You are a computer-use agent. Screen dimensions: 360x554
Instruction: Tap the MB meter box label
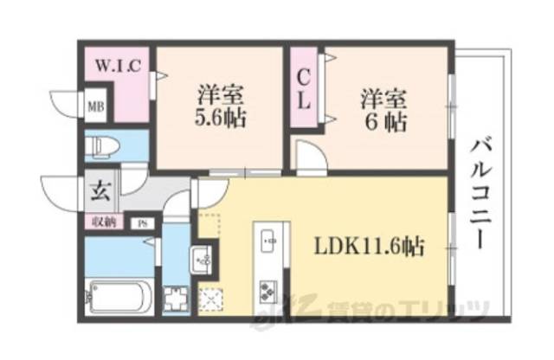click(x=93, y=108)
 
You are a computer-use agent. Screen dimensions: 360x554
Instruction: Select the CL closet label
click(x=304, y=89)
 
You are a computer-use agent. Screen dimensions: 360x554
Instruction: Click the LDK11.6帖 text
click(x=369, y=247)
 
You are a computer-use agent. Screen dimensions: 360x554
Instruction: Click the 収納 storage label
click(x=104, y=222)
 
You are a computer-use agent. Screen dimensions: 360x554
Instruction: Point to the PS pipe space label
click(x=141, y=223)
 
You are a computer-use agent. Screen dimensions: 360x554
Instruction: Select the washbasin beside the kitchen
click(x=201, y=259)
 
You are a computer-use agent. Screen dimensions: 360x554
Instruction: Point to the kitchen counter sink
click(x=265, y=235)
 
